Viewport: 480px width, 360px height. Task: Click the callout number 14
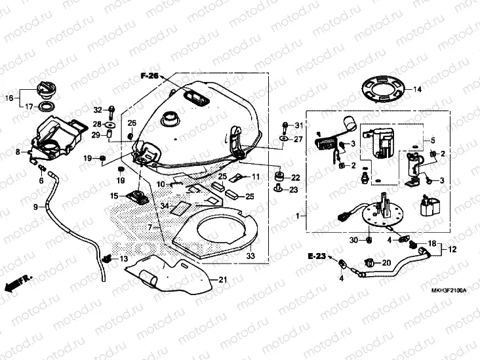417,89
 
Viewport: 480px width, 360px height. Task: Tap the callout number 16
9,98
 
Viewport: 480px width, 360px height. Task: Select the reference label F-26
150,77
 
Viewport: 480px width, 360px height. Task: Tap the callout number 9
36,206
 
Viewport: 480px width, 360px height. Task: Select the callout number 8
18,152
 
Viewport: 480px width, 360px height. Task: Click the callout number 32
97,109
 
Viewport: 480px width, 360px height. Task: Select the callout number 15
114,196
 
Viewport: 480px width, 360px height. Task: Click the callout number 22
296,177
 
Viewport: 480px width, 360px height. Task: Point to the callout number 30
354,240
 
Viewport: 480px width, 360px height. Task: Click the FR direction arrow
16,284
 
